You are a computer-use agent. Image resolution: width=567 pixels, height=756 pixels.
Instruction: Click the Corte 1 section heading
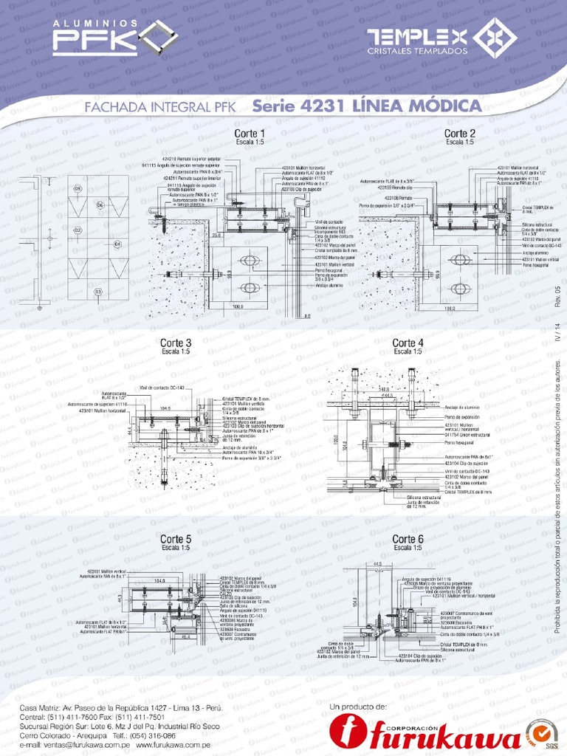coord(250,134)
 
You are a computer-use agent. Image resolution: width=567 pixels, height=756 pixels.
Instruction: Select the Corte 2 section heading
coord(459,134)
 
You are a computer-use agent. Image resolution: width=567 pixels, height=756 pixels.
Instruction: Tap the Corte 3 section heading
coord(176,343)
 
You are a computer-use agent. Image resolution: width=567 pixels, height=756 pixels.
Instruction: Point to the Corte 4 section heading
coord(408,343)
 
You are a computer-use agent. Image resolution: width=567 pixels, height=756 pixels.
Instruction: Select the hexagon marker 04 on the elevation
coord(117,243)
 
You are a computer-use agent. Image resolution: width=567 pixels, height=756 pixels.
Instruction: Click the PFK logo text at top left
coord(94,41)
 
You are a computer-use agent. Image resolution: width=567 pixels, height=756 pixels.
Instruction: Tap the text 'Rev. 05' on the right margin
coord(557,295)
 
